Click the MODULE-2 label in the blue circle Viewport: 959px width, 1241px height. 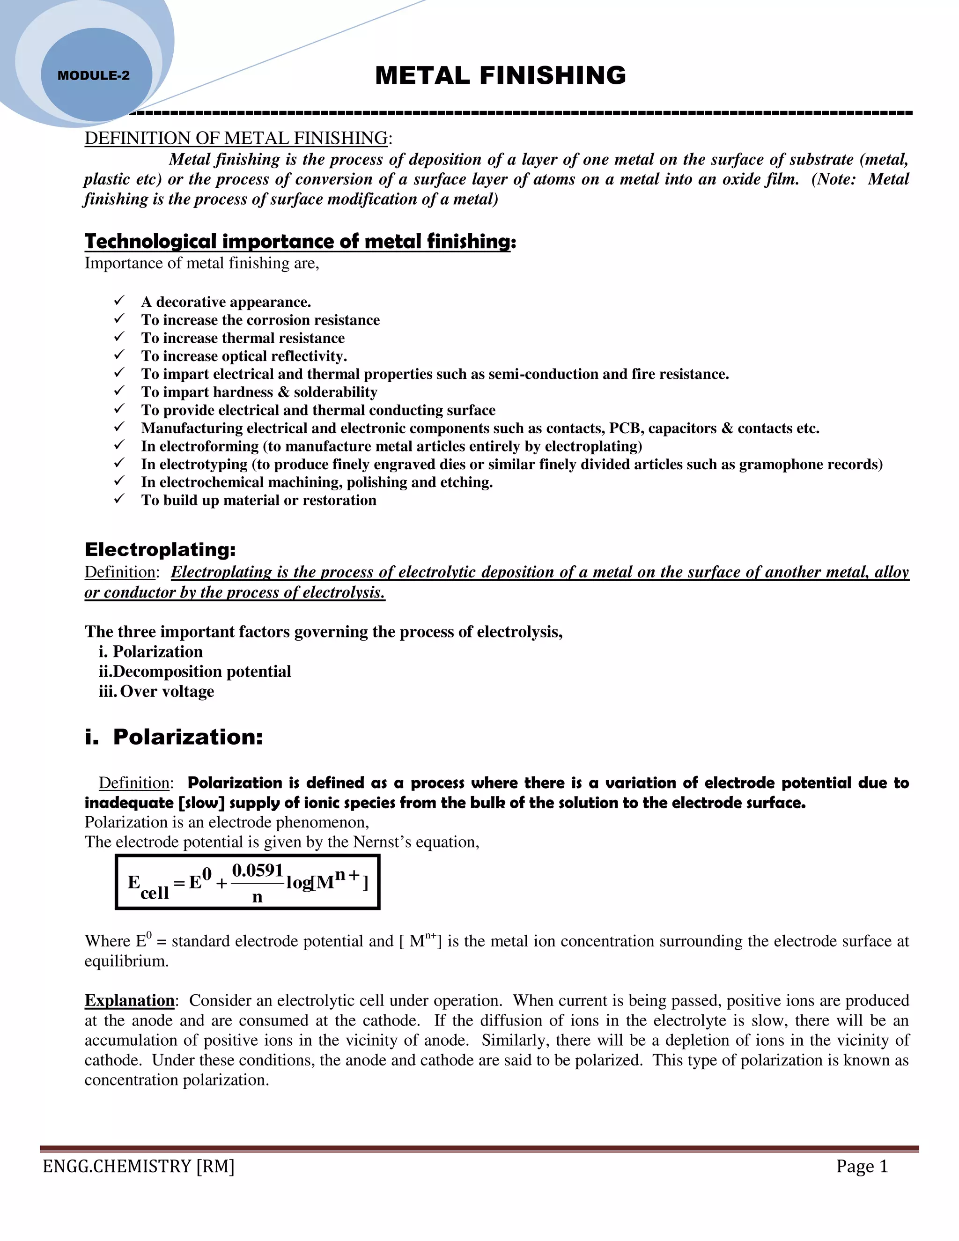[94, 75]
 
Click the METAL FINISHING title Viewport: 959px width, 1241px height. [500, 75]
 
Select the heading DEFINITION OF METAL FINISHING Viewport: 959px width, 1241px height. [236, 138]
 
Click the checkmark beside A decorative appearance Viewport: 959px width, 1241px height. [119, 301]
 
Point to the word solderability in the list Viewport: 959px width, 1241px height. [335, 392]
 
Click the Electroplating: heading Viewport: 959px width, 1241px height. [160, 549]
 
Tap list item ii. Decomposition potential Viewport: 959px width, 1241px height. [195, 672]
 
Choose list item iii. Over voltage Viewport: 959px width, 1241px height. [157, 692]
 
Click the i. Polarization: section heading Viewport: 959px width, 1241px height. [174, 737]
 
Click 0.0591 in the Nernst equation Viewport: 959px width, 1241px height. [258, 871]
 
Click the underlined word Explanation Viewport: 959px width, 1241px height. [130, 1000]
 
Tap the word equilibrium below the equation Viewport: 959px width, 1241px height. [126, 961]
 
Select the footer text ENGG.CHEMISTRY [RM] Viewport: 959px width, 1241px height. [139, 1167]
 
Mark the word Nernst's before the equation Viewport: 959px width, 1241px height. [382, 842]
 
